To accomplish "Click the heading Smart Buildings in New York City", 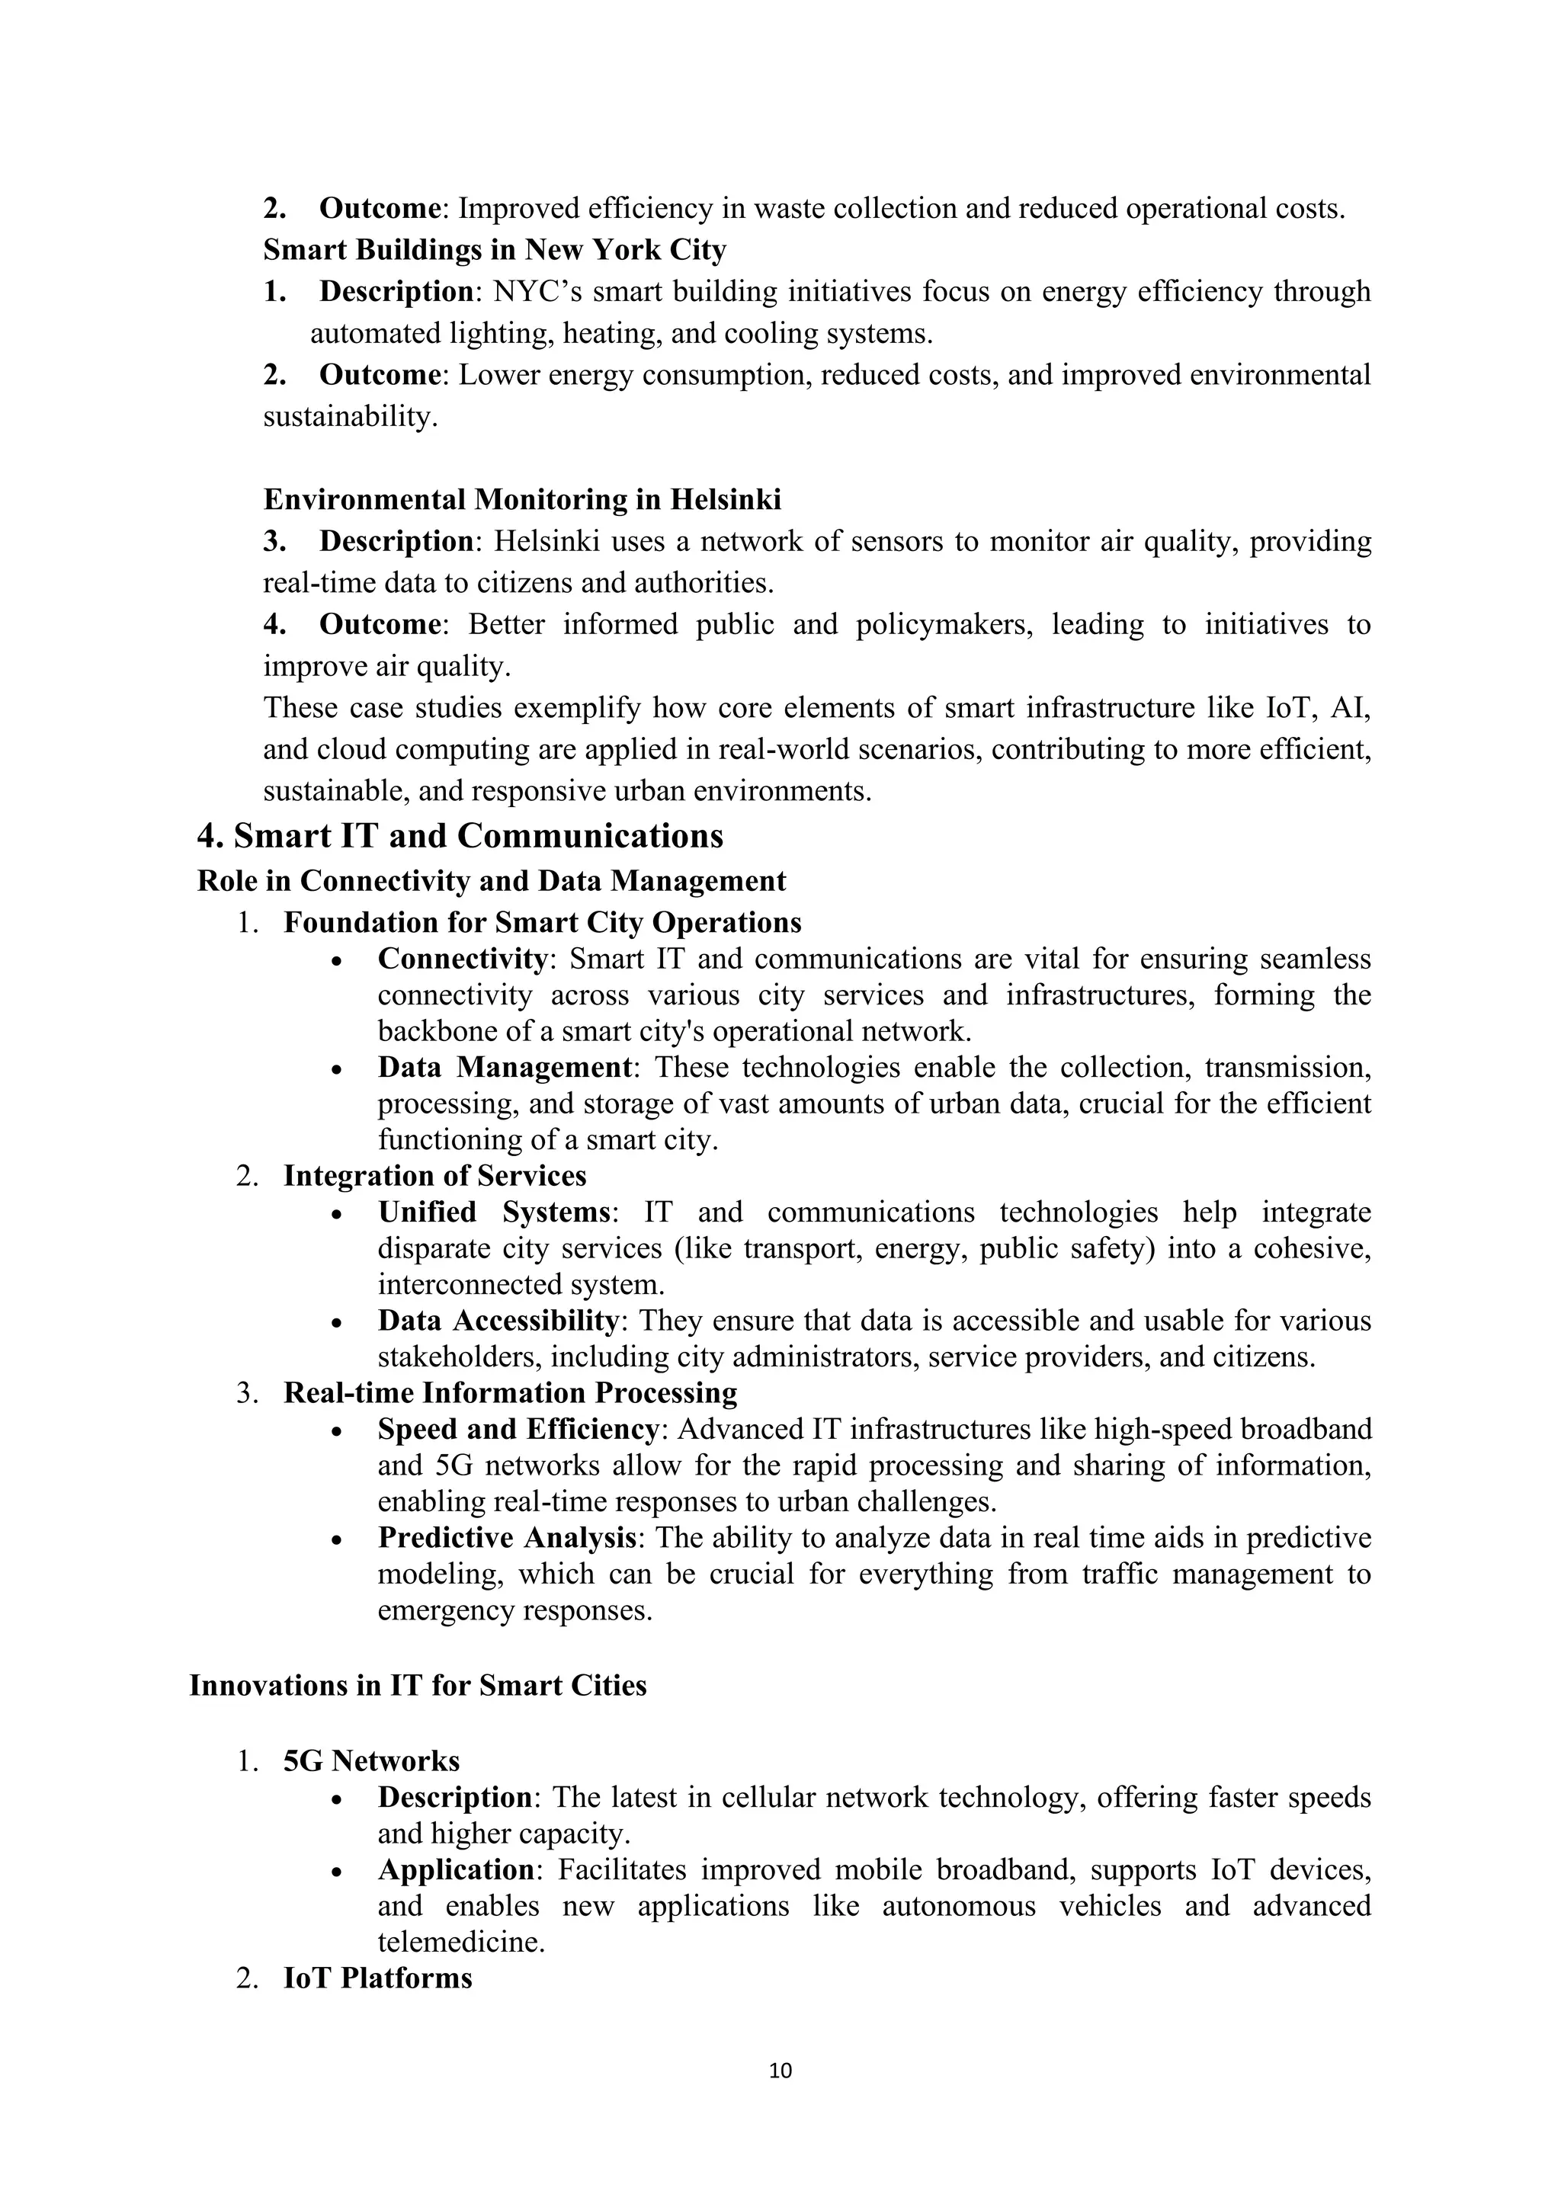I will pos(494,250).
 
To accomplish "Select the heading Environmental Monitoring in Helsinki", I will pos(522,500).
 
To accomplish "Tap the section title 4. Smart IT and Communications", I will pos(460,835).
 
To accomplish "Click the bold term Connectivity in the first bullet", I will pos(461,959).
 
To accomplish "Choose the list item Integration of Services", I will pos(434,1176).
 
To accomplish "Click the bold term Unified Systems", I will pos(494,1212).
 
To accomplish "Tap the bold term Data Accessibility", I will pos(497,1321).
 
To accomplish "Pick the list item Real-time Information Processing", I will pos(511,1393).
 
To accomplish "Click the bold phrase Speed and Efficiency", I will pos(517,1430).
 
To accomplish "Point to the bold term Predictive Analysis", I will pos(507,1538).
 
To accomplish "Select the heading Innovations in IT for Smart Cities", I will pos(418,1685).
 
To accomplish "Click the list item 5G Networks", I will pos(371,1761).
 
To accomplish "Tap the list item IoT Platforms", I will pos(378,1978).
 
